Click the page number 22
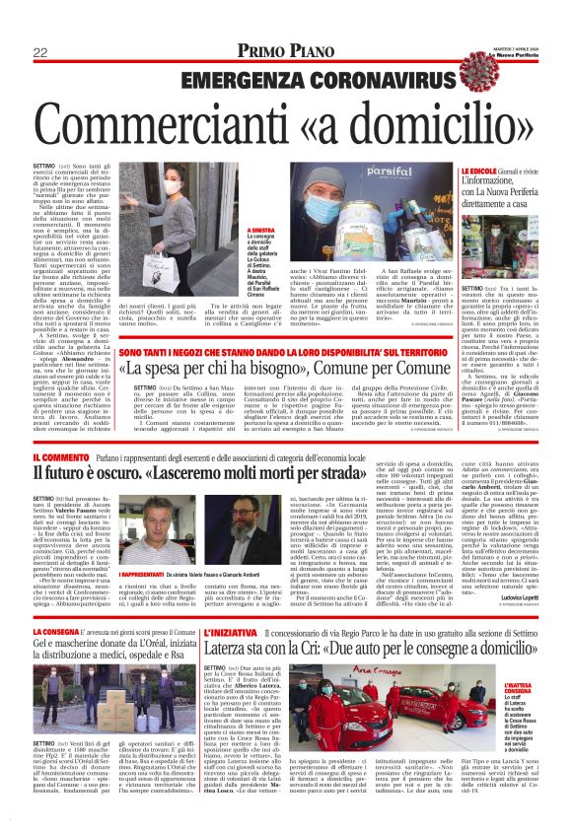point(41,52)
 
